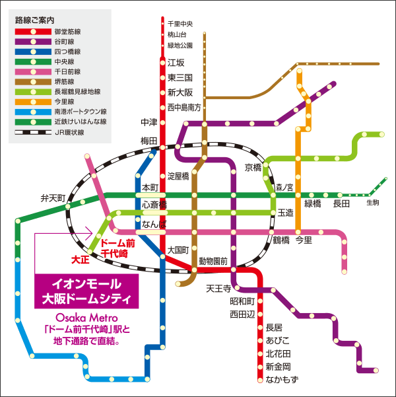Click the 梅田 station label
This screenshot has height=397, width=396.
(150, 141)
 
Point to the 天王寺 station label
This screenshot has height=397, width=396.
(218, 288)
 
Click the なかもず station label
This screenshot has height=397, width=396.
(282, 379)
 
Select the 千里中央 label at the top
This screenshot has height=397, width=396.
(180, 24)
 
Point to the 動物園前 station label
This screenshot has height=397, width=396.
(213, 261)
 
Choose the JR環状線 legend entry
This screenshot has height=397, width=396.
(69, 132)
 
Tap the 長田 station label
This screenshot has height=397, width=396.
(341, 203)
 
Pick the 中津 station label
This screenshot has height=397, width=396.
(150, 122)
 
